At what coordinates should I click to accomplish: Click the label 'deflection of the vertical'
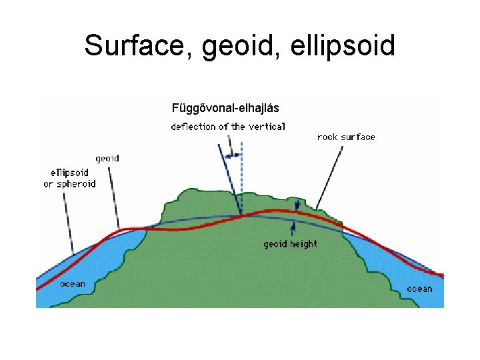point(228,126)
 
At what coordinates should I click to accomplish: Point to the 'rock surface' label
point(346,137)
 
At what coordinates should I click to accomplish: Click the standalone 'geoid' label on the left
point(107,159)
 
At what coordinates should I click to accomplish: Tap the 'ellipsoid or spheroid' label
point(69,178)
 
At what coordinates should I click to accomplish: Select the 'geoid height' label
point(291,244)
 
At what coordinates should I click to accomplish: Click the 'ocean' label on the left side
point(73,284)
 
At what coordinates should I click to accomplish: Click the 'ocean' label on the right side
point(419,289)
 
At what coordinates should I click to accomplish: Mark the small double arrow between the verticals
point(233,155)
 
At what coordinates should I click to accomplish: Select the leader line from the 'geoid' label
point(114,197)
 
